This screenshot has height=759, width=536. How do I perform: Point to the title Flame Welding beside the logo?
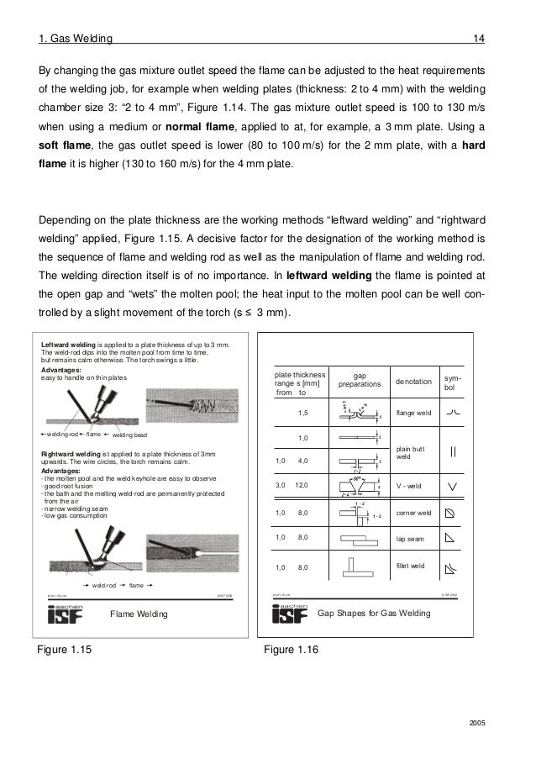(139, 614)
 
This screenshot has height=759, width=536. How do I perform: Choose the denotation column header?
(415, 382)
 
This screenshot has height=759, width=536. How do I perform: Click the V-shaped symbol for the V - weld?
(452, 485)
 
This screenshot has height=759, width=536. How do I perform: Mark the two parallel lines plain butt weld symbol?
(452, 451)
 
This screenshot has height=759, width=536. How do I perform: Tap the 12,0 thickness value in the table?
(302, 485)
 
